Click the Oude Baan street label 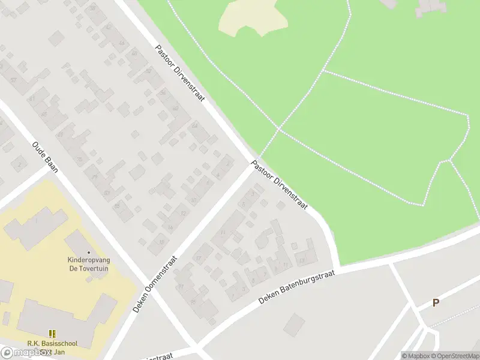45,157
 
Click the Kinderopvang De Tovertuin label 89,265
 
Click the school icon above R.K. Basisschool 53,334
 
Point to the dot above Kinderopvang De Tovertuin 89,253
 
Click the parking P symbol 436,303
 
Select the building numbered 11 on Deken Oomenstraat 223,233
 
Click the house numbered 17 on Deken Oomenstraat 199,259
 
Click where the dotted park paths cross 278,128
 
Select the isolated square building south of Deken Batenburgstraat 294,325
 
